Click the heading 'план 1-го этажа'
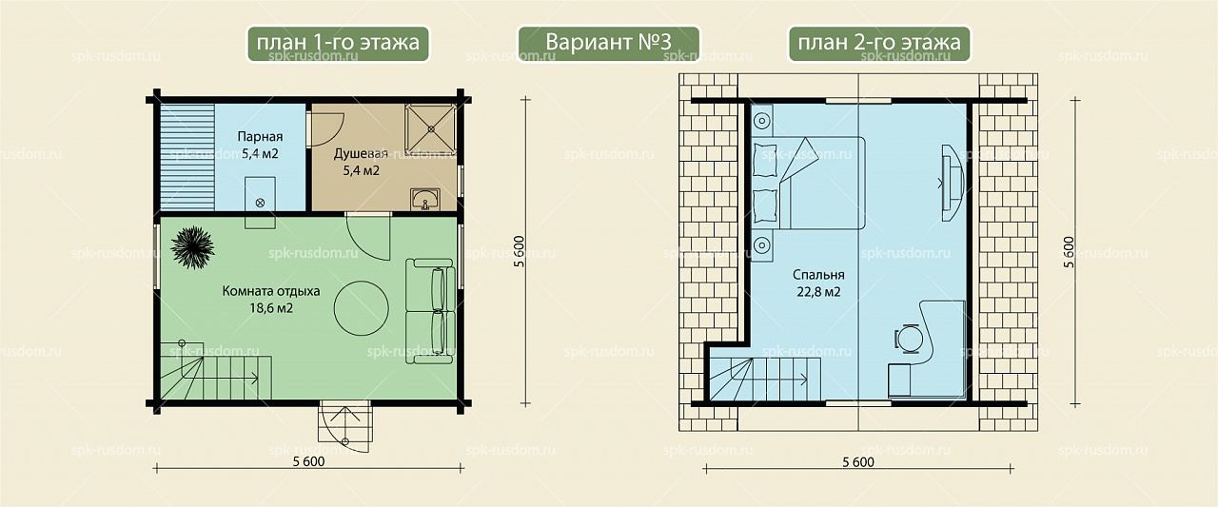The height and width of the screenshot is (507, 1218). (x=338, y=43)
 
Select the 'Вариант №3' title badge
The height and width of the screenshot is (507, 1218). (x=608, y=44)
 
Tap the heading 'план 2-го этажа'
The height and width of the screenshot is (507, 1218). (x=879, y=43)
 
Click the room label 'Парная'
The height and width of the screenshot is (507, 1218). (x=260, y=136)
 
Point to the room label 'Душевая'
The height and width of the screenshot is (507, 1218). (x=361, y=154)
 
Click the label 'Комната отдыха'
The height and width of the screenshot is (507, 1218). (x=271, y=291)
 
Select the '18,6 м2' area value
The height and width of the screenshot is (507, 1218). (x=271, y=308)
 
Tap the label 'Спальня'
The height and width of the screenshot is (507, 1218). (x=818, y=275)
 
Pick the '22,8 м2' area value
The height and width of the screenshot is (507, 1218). (x=818, y=292)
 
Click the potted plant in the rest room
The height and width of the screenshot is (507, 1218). (x=192, y=247)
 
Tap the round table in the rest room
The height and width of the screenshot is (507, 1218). (x=361, y=307)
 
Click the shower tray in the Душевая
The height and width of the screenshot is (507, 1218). (x=430, y=129)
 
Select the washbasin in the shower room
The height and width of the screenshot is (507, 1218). (x=425, y=200)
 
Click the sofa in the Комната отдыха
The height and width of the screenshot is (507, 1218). (x=430, y=311)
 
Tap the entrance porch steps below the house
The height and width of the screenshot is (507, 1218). (x=345, y=427)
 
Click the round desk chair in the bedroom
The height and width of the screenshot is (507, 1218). (x=909, y=339)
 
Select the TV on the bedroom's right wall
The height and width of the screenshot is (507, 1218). (x=953, y=183)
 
